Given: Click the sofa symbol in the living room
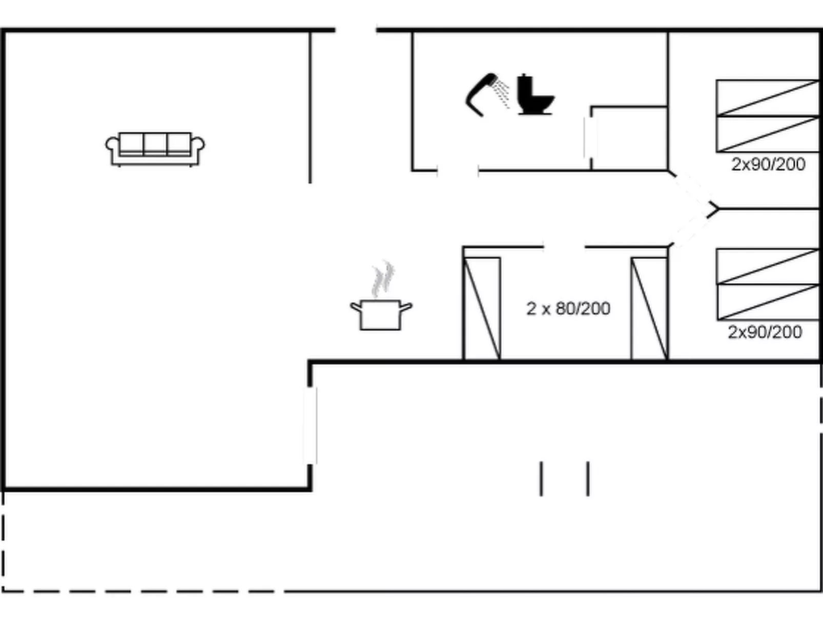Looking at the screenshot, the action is [155, 149].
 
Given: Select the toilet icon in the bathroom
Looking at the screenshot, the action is [534, 94].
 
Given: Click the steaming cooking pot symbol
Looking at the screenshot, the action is [381, 315].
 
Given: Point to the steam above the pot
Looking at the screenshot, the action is [383, 279].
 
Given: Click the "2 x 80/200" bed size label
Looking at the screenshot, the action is [568, 309].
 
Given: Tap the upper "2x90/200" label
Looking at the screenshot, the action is [768, 164].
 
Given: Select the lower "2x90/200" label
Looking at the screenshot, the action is [765, 332].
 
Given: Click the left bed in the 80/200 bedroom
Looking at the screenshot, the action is [482, 308].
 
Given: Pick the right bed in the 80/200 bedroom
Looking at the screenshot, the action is [649, 308].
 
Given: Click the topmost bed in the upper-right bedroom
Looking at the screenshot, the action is [768, 98].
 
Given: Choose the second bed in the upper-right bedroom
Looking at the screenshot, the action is [768, 134].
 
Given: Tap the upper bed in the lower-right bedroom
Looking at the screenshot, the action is [768, 266].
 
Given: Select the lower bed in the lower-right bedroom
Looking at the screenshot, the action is [768, 302].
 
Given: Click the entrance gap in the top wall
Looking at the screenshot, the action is [356, 30].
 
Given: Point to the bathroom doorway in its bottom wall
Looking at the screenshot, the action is [458, 171].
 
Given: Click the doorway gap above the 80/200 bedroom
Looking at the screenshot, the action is [564, 247].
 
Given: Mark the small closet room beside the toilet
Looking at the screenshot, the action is [629, 139].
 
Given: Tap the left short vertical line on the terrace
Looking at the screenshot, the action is [541, 479].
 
